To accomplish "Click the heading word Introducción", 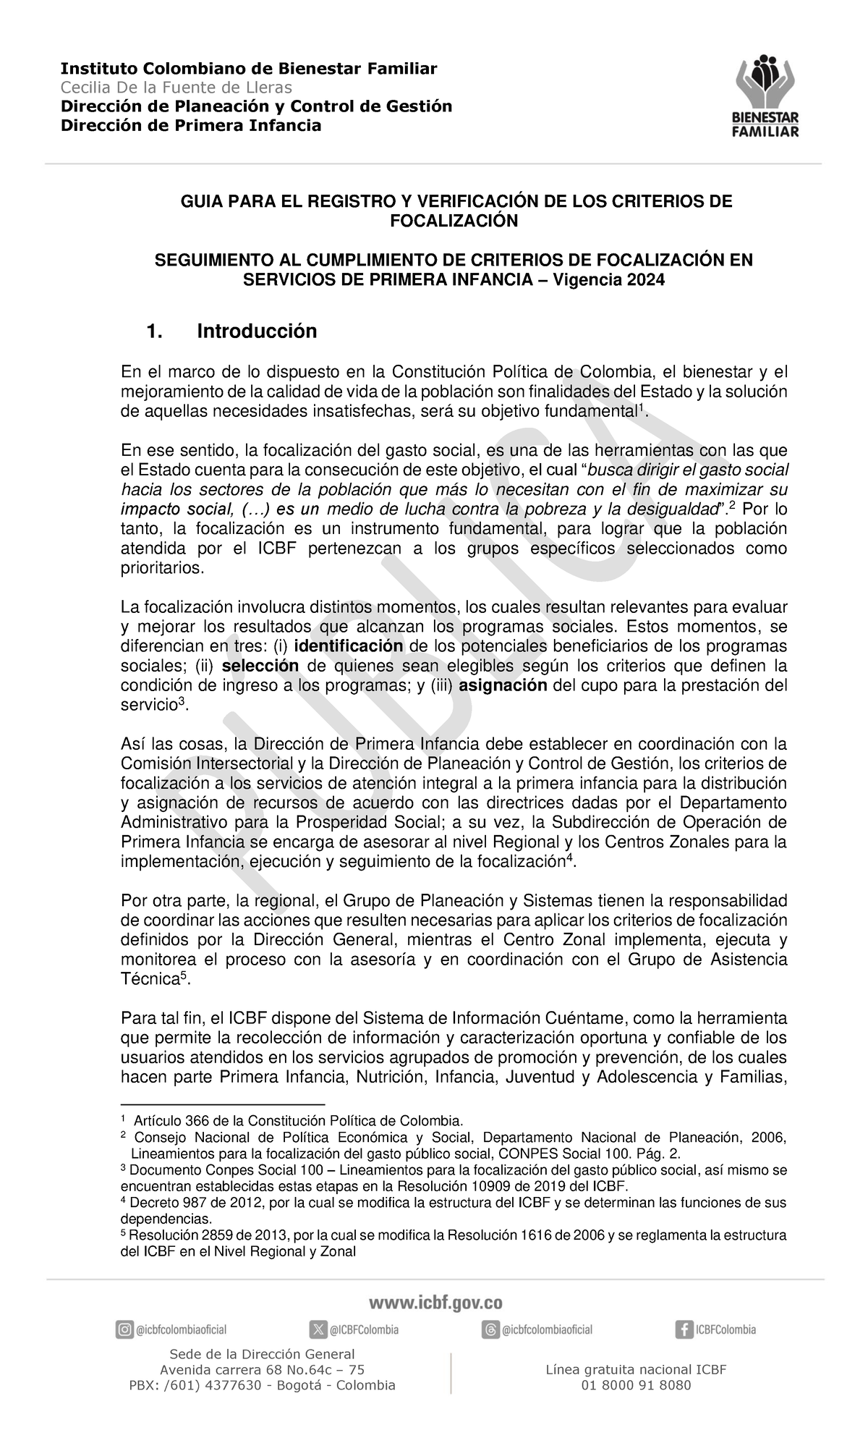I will pyautogui.click(x=257, y=331).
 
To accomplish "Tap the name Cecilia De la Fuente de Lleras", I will pyautogui.click(x=176, y=88).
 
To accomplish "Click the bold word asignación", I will pyautogui.click(x=508, y=685).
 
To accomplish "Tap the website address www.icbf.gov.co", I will pyautogui.click(x=435, y=1303).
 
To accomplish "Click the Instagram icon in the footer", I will pyautogui.click(x=124, y=1329).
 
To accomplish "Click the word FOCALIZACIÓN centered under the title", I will pyautogui.click(x=454, y=221).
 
